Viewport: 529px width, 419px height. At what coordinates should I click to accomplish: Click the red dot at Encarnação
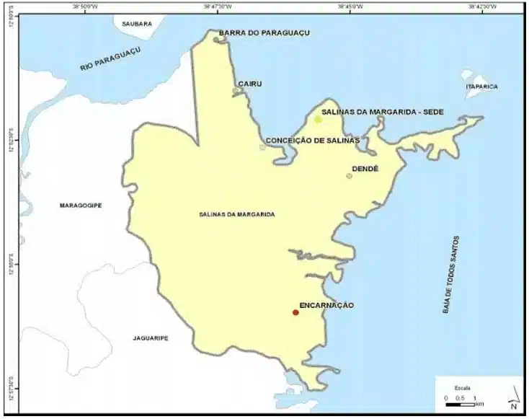click(295, 312)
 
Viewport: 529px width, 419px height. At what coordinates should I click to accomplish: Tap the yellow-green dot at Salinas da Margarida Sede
click(318, 119)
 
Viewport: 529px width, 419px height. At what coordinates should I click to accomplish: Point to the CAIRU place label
click(250, 84)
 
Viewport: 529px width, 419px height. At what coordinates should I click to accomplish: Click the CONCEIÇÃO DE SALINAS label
click(312, 141)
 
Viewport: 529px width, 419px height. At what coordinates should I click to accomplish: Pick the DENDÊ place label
click(365, 169)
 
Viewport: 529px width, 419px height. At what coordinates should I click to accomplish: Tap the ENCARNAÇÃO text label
click(326, 306)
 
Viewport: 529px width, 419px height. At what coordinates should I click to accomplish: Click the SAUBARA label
click(137, 24)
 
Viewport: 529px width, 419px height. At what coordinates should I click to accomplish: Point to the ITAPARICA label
click(482, 87)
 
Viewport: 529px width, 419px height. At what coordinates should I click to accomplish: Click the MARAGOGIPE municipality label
click(81, 206)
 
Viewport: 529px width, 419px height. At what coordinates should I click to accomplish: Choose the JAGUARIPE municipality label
click(151, 338)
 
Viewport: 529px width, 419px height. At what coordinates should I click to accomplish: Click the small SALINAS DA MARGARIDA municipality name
click(237, 214)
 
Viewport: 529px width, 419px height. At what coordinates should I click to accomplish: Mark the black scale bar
click(458, 405)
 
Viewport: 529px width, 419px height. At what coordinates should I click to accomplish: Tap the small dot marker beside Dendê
click(350, 176)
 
